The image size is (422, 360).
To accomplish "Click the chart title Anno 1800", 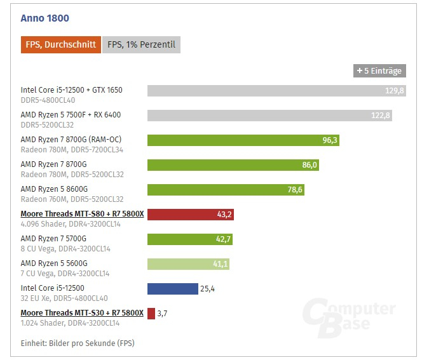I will tap(44, 18).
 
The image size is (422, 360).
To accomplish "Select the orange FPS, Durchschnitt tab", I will tap(61, 44).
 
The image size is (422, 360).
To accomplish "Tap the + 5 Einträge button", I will tap(379, 70).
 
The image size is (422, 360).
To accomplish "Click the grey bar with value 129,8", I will tap(276, 91).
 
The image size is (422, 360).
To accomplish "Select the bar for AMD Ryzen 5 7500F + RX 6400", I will tap(269, 116).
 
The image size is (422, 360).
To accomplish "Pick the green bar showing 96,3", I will tap(243, 140).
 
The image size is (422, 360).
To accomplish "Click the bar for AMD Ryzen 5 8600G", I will tap(225, 190).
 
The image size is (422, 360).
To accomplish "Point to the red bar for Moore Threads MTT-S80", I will tap(190, 215).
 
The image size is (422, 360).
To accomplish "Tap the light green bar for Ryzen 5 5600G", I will tap(188, 264).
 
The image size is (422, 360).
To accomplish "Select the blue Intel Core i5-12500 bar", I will tap(172, 289).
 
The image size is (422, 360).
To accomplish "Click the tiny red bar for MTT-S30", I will tap(151, 314).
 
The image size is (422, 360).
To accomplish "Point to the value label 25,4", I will tap(208, 289).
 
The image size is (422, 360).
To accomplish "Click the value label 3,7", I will tap(162, 314).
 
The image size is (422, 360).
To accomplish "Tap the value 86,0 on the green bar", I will tap(310, 165).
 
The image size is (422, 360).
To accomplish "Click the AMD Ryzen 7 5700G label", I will tap(53, 239).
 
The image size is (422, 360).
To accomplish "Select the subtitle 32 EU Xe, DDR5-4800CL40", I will tap(64, 298).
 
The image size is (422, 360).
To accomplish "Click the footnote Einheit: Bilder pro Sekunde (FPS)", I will tap(78, 343).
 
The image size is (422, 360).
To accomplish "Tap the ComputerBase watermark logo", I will tap(348, 320).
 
